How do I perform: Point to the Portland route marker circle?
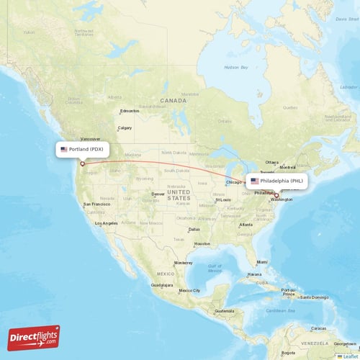pos(82,163)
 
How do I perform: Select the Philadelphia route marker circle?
pos(276,194)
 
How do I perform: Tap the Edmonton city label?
pos(130,111)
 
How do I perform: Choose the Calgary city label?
pos(125,128)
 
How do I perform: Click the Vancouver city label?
pos(91,139)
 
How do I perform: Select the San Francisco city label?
pos(96,204)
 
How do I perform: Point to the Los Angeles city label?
pos(106,223)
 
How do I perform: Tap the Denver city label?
pos(158,194)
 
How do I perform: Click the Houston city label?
pos(202,243)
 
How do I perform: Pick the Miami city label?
pos(261,262)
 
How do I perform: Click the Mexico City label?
pos(189,290)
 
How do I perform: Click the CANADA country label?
pos(173,101)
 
